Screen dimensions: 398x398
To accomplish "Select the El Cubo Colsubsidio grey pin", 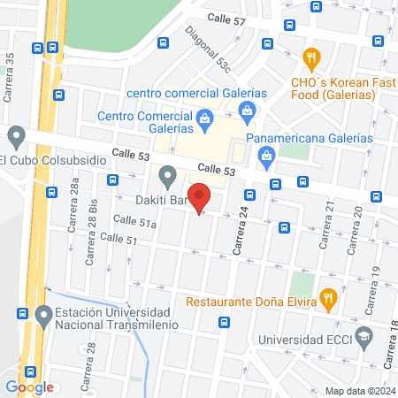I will pyautogui.click(x=16, y=138).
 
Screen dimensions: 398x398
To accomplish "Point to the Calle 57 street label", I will pyautogui.click(x=226, y=19).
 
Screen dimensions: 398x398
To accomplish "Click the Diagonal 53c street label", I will pyautogui.click(x=208, y=49).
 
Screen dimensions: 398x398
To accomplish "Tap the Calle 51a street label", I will pyautogui.click(x=139, y=225).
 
